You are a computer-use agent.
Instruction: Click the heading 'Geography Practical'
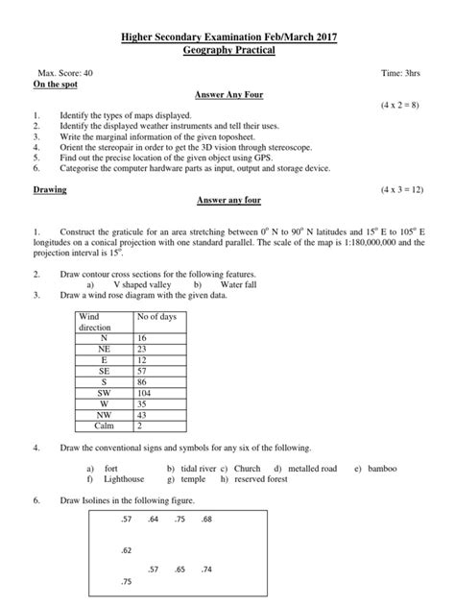227,50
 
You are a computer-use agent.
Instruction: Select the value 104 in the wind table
145,394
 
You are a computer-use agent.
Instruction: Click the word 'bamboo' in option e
382,468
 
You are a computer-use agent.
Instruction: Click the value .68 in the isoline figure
206,520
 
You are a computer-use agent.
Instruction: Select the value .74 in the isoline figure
206,570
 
